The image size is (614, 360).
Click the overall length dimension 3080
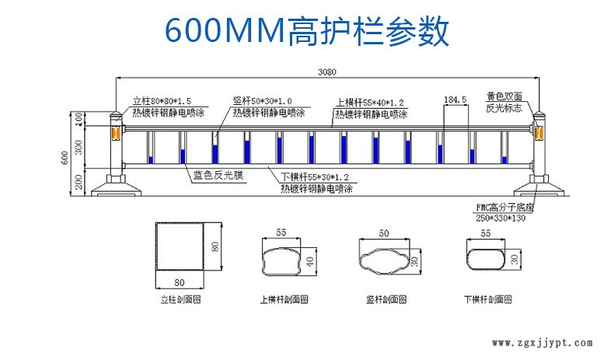click(327, 72)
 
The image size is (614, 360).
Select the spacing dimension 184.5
click(454, 100)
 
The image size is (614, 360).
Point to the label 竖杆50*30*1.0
click(263, 101)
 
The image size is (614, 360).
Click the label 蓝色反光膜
click(219, 176)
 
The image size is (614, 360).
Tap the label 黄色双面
click(509, 97)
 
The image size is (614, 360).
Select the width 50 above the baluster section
click(383, 233)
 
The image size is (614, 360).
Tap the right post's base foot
click(536, 187)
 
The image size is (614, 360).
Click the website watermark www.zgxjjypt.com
click(543, 343)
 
